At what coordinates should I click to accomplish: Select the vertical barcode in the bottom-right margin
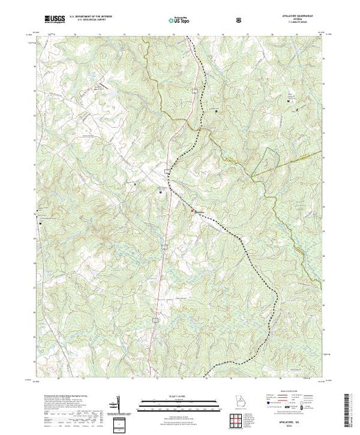[x=351, y=407]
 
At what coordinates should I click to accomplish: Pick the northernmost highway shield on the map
[x=196, y=90]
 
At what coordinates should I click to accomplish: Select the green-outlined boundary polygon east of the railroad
[x=266, y=166]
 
